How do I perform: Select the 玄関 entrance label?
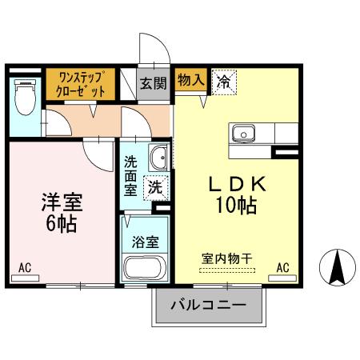pyautogui.click(x=153, y=83)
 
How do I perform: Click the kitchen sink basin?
pyautogui.click(x=242, y=133)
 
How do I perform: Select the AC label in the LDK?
pyautogui.click(x=282, y=267)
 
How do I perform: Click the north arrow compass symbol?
pyautogui.click(x=338, y=268)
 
